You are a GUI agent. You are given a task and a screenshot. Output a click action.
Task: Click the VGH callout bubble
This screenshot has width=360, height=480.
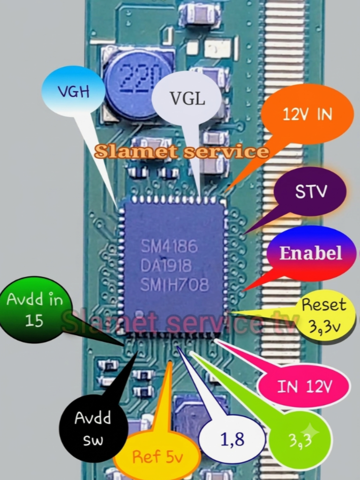tap(73, 91)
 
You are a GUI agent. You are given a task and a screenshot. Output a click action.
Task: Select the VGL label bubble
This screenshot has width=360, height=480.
tap(187, 98)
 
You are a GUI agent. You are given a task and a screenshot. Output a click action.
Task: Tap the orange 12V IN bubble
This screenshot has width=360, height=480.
tap(307, 114)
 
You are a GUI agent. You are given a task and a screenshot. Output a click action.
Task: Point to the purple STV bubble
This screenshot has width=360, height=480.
tap(310, 191)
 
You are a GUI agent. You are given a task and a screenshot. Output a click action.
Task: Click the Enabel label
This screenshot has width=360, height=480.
tap(311, 253)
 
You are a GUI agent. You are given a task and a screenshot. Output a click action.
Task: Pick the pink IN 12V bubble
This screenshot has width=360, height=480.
tap(304, 387)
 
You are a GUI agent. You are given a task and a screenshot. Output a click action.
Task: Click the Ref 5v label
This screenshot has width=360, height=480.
tap(157, 457)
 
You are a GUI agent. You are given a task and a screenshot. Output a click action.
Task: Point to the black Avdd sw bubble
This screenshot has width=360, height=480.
tap(93, 429)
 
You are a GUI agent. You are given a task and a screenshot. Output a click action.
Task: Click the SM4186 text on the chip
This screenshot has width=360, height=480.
tap(169, 247)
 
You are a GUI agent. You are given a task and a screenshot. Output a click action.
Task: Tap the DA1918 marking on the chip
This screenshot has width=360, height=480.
tap(166, 265)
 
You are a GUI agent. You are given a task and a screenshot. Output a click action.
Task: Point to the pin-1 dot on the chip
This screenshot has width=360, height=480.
tap(139, 314)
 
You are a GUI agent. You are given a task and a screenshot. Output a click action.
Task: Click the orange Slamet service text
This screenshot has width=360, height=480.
tap(182, 151)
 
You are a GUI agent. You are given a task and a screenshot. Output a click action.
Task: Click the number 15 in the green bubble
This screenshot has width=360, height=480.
tap(34, 320)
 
